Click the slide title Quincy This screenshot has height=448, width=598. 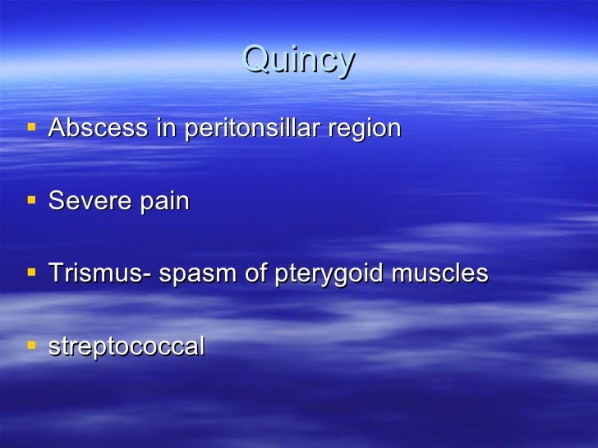point(299,61)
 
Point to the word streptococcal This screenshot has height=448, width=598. point(126,346)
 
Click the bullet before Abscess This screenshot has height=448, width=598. point(31,128)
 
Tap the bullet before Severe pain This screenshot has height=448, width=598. point(31,200)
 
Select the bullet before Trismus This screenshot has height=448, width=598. point(31,273)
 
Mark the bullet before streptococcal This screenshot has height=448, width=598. point(31,345)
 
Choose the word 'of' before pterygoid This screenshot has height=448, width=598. point(254,273)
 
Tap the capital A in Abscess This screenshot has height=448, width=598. point(57,128)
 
